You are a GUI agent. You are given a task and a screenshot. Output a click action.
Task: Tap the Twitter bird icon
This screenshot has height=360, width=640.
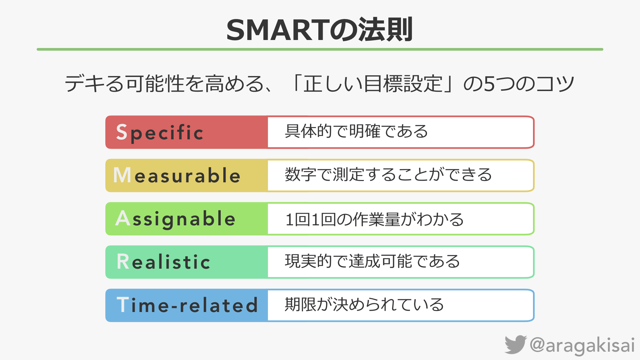click(x=515, y=344)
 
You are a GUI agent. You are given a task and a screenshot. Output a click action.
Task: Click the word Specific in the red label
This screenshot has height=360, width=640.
click(x=160, y=133)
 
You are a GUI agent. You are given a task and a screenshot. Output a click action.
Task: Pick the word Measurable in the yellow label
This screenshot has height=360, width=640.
click(x=177, y=175)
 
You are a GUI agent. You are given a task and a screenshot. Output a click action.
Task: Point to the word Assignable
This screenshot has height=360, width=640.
click(x=175, y=219)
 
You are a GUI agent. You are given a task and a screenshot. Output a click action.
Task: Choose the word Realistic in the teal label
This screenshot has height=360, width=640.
click(x=164, y=262)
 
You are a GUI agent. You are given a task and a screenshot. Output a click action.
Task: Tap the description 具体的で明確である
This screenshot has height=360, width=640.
click(x=356, y=131)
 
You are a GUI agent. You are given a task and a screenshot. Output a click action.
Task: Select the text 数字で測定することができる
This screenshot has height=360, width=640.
click(x=388, y=175)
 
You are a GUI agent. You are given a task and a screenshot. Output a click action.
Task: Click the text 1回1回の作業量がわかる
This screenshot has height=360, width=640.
click(x=375, y=219)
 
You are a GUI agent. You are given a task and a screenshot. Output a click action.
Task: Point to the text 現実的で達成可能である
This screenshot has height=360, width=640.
click(x=372, y=261)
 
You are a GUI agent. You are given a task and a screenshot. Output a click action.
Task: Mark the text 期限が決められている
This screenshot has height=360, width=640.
click(x=364, y=304)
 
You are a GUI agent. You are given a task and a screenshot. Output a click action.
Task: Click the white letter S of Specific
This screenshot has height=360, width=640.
click(x=122, y=132)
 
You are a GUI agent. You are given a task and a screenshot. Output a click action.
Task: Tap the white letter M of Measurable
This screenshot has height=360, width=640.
click(x=122, y=175)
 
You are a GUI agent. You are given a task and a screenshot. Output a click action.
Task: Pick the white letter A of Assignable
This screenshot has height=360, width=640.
click(x=123, y=218)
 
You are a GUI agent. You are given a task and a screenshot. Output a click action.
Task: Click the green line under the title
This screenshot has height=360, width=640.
click(x=320, y=49)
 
